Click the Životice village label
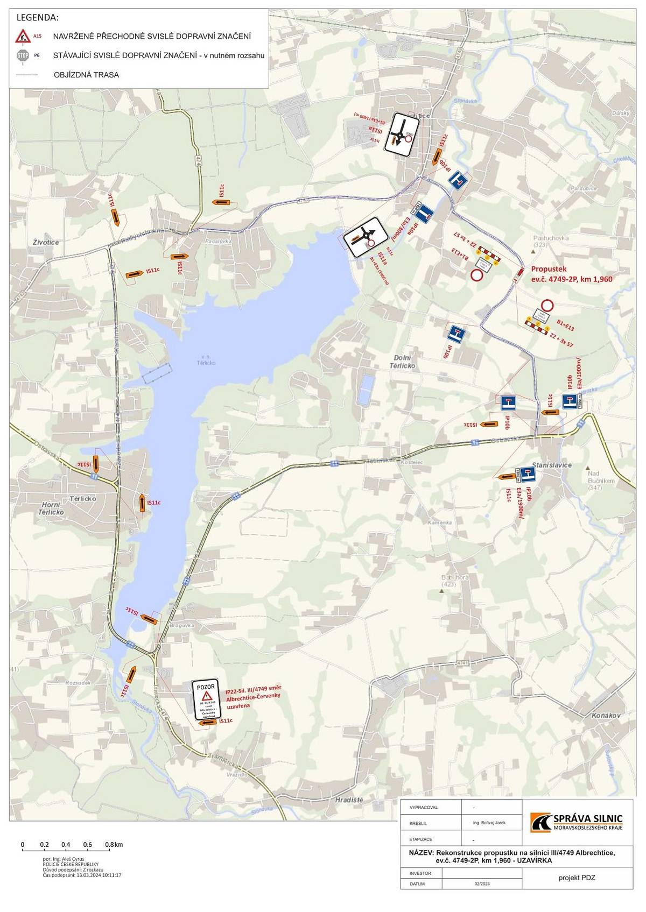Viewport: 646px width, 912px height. click(45, 243)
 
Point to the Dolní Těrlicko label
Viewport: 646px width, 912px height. click(402, 362)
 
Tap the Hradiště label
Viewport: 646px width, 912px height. click(349, 800)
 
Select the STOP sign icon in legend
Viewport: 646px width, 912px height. click(23, 55)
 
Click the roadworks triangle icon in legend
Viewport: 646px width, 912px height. click(23, 36)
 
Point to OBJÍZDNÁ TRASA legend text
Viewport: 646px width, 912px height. click(86, 75)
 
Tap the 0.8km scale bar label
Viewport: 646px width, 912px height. click(114, 844)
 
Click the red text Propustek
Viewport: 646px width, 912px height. click(549, 270)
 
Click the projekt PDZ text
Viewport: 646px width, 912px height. click(577, 878)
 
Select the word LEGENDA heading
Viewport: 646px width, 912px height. click(38, 18)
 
